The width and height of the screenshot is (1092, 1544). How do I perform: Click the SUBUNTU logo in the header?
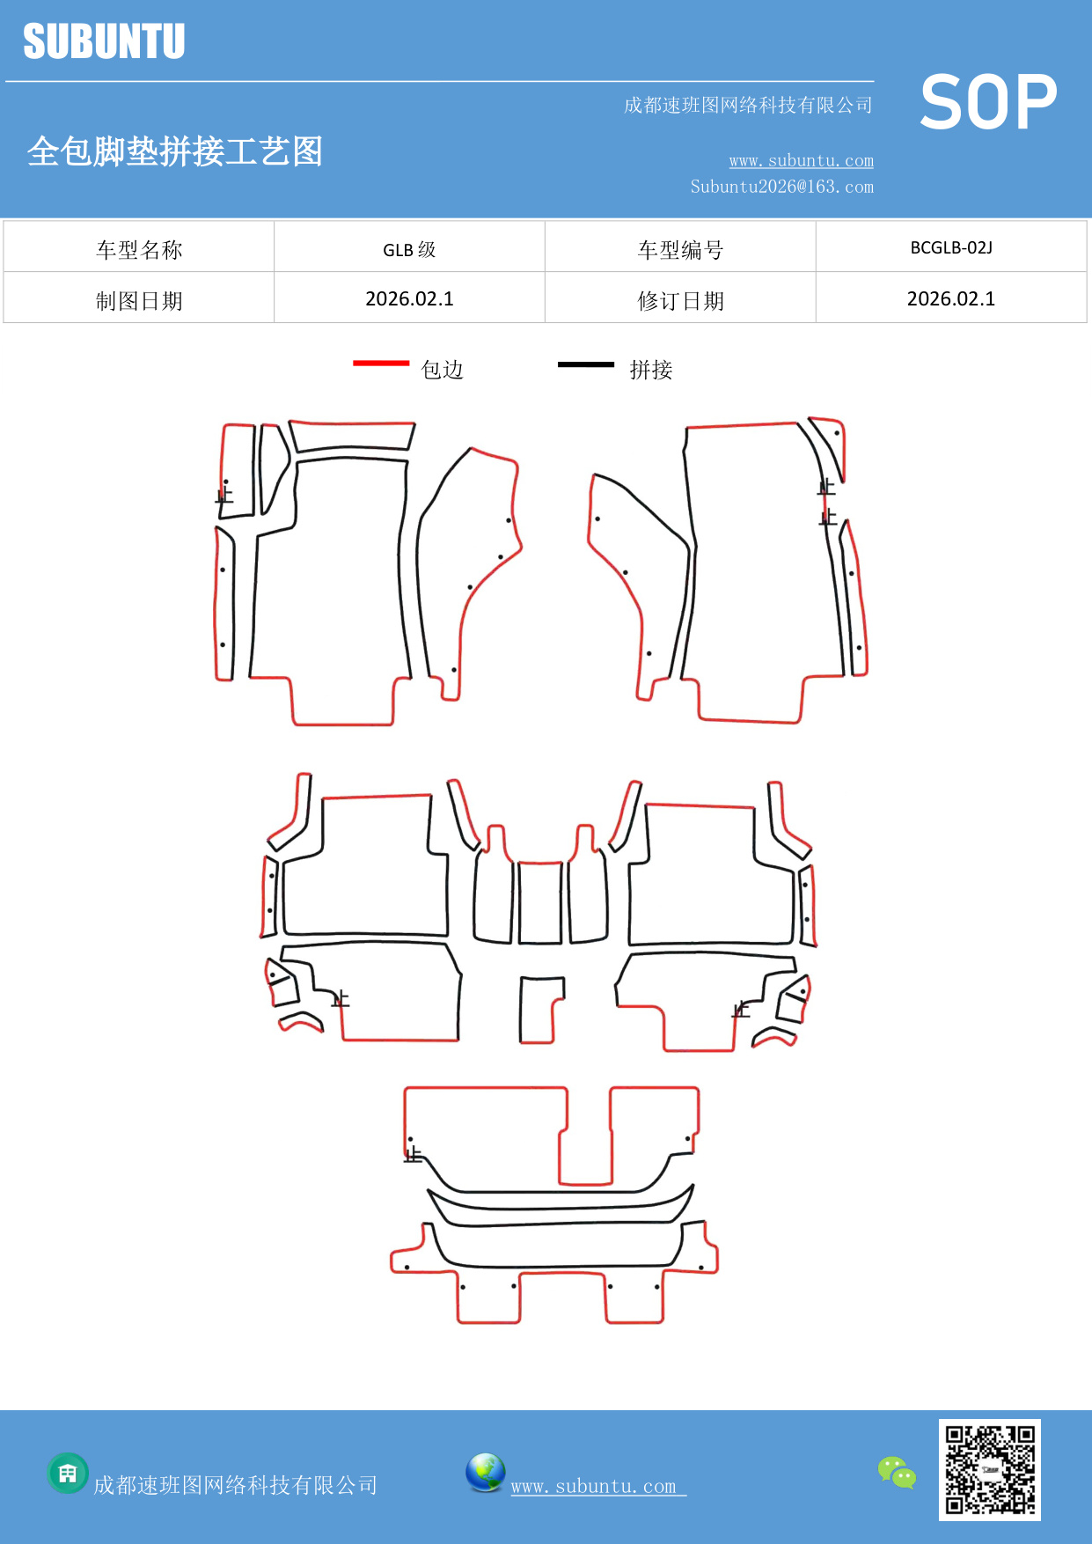pos(104,41)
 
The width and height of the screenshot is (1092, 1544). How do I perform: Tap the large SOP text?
pos(988,102)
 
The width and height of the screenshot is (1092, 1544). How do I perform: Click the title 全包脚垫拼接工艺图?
pos(174,151)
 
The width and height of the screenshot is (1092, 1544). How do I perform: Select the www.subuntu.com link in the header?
pos(801,160)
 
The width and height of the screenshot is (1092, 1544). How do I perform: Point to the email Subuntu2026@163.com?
pos(781,187)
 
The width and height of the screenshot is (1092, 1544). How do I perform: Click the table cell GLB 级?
pos(409,250)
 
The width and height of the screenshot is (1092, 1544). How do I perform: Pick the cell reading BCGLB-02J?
pos(950,248)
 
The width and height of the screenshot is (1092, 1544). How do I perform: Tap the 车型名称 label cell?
pos(139,250)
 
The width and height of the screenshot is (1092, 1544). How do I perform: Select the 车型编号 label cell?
pos(680,250)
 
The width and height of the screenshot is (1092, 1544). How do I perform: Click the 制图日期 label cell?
pos(139,301)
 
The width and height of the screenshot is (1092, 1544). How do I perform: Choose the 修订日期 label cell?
pos(680,301)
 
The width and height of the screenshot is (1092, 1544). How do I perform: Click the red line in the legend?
pos(381,363)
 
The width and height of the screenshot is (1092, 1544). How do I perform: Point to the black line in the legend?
pos(586,364)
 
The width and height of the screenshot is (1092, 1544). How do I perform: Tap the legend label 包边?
pos(442,370)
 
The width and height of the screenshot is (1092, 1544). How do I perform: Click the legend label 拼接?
pos(651,370)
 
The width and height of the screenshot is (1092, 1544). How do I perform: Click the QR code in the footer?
pos(989,1469)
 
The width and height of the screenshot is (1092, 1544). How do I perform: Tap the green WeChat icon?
pos(897,1472)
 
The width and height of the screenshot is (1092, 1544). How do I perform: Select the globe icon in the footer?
pos(485,1473)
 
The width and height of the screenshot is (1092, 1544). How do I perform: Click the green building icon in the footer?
pos(68,1473)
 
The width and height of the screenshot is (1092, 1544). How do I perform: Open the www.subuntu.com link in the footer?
pos(594,1487)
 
